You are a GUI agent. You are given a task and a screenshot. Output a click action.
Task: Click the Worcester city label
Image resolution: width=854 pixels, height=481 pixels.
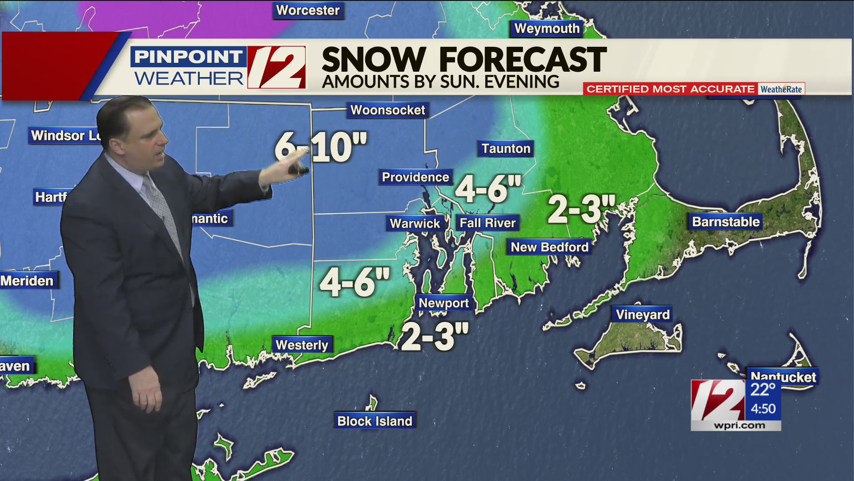coord(308,10)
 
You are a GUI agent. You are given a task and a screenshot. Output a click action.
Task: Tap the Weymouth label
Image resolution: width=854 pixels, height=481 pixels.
coord(547,29)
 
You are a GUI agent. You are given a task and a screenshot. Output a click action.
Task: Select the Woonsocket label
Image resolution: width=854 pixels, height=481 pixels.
coord(387,110)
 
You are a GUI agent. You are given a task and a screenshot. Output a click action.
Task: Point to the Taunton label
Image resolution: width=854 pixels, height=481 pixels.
coord(506,148)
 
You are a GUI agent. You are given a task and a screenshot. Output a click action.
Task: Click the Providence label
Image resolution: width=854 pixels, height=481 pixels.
coord(415,177)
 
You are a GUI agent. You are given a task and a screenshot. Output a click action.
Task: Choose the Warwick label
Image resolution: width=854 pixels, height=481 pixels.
coord(415,223)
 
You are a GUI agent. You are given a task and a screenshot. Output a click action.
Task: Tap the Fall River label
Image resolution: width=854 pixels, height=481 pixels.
coord(487,223)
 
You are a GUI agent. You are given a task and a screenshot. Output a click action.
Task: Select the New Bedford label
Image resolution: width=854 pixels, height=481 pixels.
coord(549,247)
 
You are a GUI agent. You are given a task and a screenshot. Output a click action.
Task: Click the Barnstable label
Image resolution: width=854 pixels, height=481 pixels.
coord(726,222)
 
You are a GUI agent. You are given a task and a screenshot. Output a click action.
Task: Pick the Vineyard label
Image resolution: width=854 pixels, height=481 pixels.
coord(642,315)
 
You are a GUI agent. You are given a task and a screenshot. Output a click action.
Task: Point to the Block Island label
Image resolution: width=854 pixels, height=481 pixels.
coord(375,421)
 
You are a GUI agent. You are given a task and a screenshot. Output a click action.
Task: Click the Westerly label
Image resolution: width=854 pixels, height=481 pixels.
coord(302,345)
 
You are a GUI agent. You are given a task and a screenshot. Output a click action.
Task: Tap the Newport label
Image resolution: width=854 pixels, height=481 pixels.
coord(443,303)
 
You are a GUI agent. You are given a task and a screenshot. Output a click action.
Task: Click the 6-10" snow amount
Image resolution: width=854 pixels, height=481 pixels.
coord(321,147)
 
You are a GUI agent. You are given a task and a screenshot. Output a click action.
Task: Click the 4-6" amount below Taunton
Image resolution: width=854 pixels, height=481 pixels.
coord(488,188)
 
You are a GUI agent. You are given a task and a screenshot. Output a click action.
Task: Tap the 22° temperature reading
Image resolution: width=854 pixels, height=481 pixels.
coord(763,390)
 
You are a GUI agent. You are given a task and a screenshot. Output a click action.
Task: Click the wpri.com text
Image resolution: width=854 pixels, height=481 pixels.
coord(739,425)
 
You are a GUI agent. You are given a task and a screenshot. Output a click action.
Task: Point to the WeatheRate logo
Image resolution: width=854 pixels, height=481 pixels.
coord(781,89)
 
